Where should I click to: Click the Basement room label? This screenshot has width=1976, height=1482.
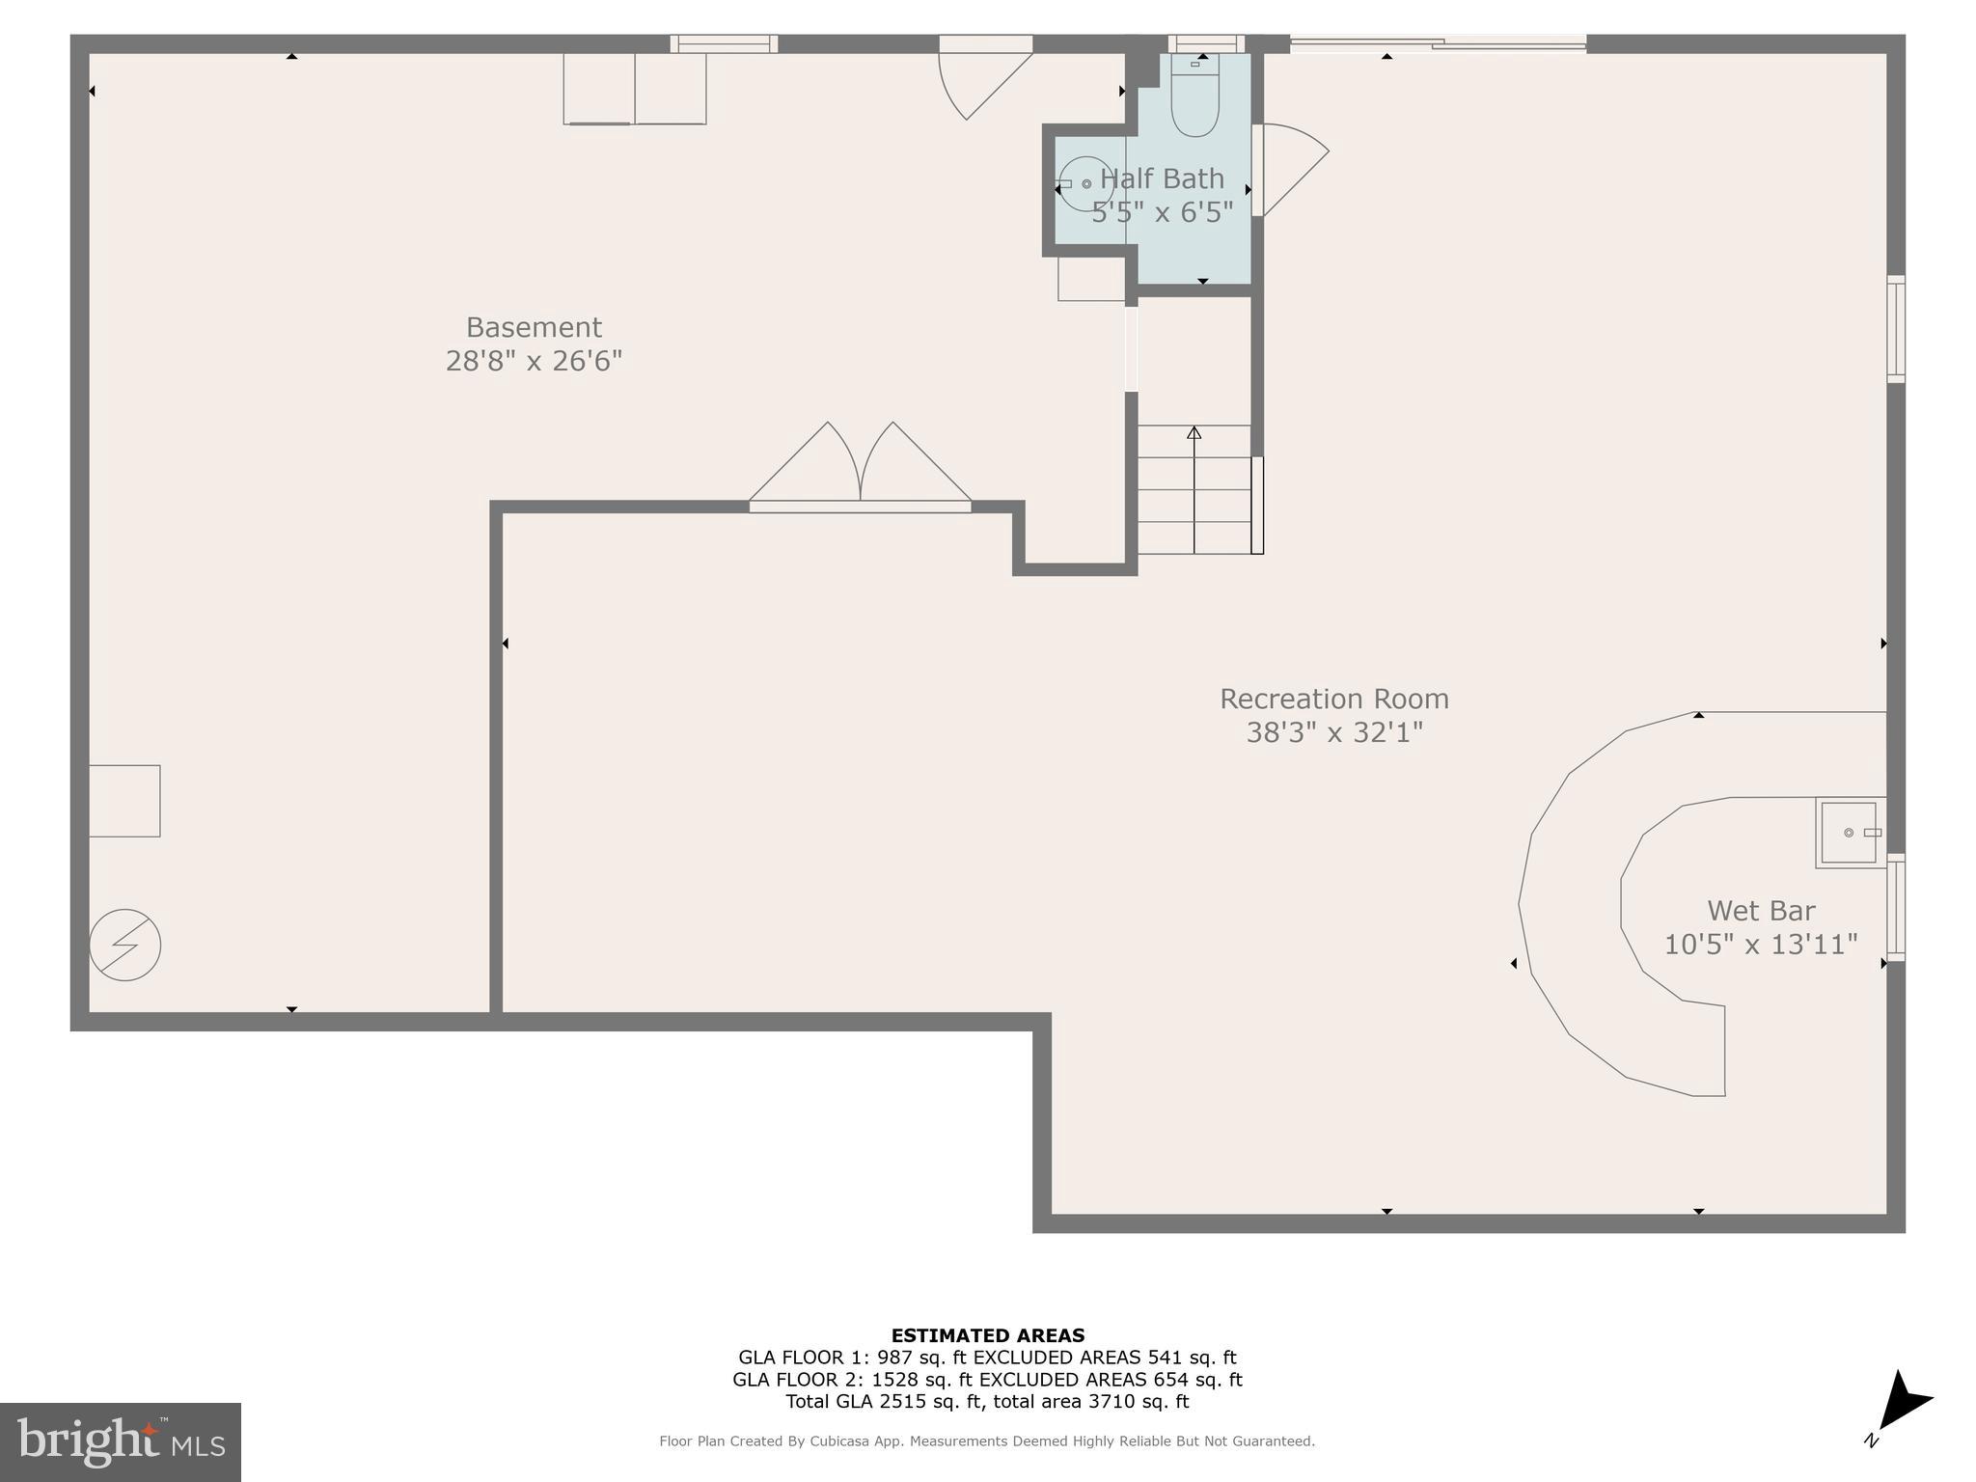coord(534,327)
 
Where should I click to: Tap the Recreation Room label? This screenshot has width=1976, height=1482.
coord(1333,699)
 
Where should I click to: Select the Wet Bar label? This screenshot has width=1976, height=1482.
coord(1761,910)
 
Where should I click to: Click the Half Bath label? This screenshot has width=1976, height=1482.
coord(1162,178)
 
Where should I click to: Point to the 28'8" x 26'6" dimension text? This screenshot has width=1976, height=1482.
coord(534,361)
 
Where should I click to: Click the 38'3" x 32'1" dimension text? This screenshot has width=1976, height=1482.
coord(1333,732)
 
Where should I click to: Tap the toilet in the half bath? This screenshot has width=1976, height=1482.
coord(1194,96)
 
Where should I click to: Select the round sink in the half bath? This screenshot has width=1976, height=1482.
coord(1085,183)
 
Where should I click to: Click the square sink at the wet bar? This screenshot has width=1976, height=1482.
coord(1849,833)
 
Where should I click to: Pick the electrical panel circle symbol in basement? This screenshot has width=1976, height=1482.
coord(125,945)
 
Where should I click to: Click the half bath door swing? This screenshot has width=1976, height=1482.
coord(1290,169)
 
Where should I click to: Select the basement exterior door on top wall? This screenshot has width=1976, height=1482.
coord(984,77)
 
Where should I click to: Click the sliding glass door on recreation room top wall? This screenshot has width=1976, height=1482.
coord(1438,42)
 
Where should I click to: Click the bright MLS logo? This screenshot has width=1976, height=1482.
coord(121,1441)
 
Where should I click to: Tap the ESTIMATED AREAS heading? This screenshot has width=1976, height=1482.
coord(987,1335)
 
